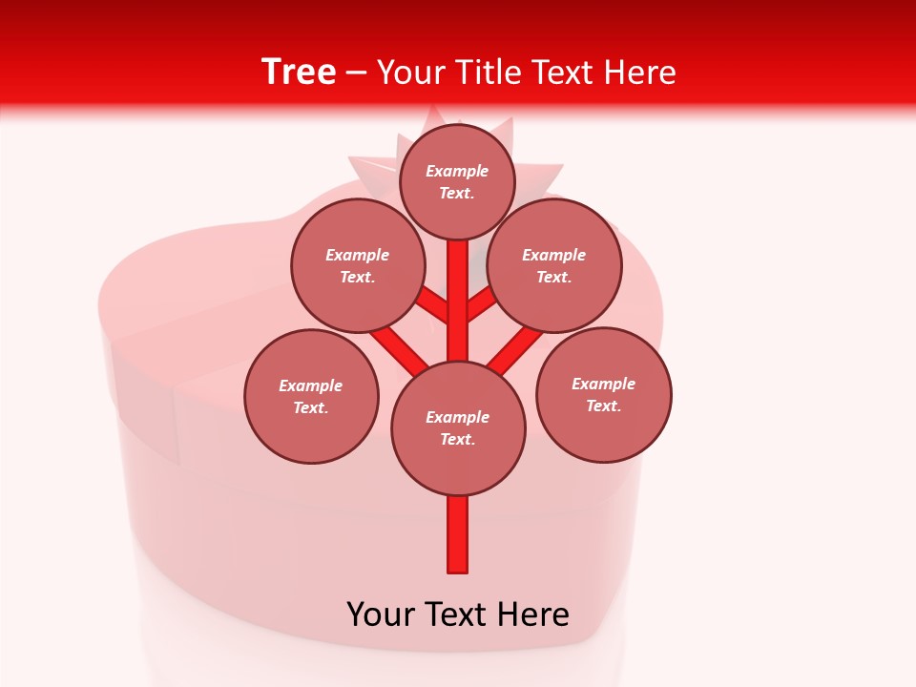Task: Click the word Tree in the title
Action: [299, 72]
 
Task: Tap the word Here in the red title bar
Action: [640, 73]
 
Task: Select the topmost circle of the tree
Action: [457, 182]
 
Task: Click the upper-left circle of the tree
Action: [357, 266]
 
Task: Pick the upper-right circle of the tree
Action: [554, 266]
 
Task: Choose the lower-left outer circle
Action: [311, 397]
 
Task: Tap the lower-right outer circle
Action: [603, 395]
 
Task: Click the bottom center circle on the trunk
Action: [458, 428]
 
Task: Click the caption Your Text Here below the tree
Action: [458, 614]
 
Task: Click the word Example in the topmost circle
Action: [457, 172]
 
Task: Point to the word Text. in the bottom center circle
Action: [457, 440]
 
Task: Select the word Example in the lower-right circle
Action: [603, 385]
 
